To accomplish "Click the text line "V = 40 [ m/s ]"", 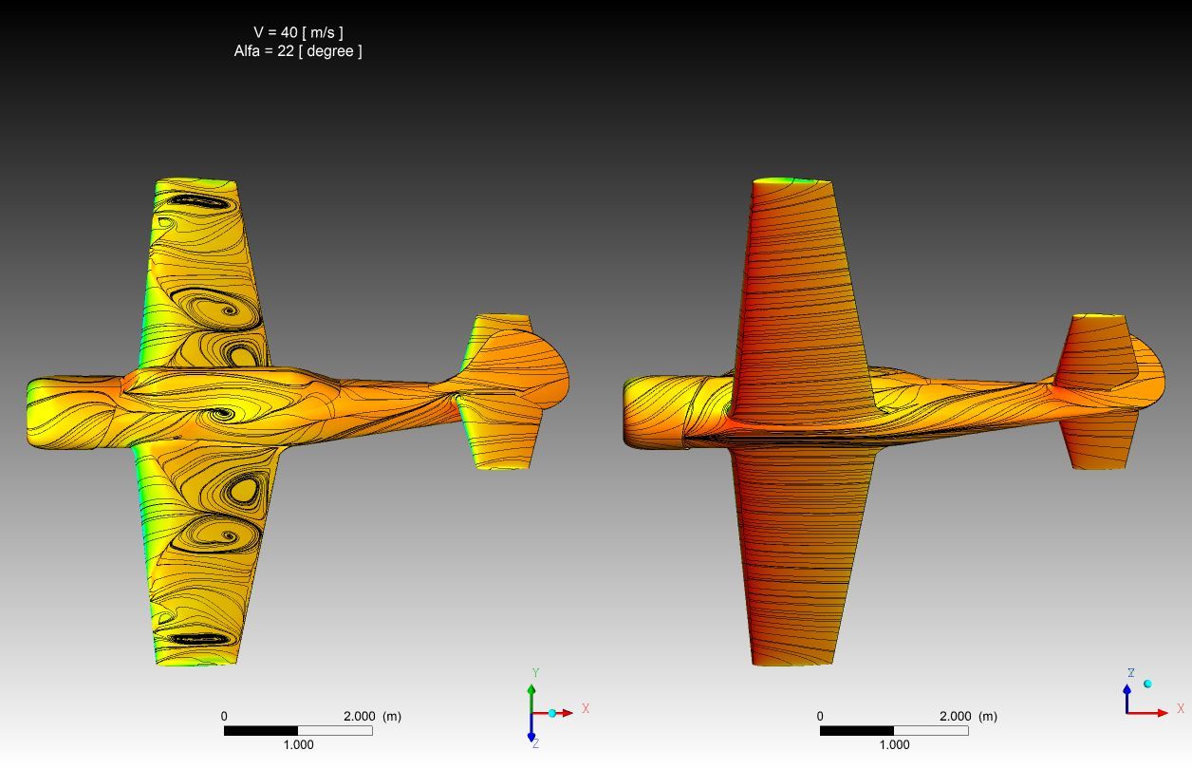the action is (298, 32).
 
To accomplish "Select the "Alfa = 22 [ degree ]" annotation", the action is (298, 51).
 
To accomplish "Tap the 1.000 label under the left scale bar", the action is (298, 744).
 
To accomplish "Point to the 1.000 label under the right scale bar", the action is (894, 744).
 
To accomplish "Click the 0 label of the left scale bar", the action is (224, 716).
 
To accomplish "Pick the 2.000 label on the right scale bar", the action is (955, 716).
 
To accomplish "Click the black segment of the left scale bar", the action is (261, 731).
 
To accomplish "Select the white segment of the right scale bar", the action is (931, 731).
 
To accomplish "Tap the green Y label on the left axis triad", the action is (536, 673).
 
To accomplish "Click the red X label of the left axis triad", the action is (586, 708).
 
